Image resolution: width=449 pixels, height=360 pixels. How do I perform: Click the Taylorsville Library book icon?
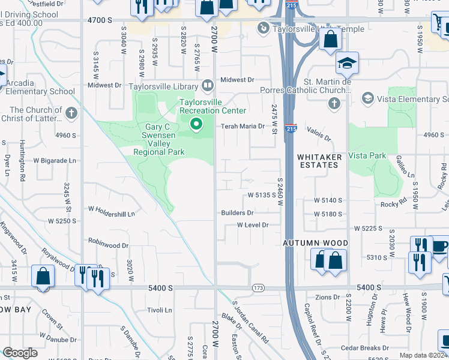(x=207, y=86)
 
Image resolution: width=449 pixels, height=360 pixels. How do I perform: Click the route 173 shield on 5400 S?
(x=259, y=288)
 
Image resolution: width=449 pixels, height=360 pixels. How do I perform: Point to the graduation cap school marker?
(x=347, y=62)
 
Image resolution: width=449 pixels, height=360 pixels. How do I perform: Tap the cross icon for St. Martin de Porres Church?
(x=334, y=104)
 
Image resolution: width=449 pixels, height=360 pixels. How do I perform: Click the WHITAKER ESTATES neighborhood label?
(x=318, y=160)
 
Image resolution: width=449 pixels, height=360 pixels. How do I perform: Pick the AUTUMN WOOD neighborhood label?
(x=316, y=243)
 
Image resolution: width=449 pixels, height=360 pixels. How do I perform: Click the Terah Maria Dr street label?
(x=243, y=127)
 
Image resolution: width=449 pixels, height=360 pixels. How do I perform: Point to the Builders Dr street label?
(x=237, y=213)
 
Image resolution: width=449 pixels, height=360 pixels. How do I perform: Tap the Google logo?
(x=20, y=353)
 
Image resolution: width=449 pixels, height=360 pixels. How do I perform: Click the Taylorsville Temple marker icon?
(x=263, y=28)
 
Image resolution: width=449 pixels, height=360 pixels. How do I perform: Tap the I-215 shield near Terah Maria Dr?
(x=291, y=128)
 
